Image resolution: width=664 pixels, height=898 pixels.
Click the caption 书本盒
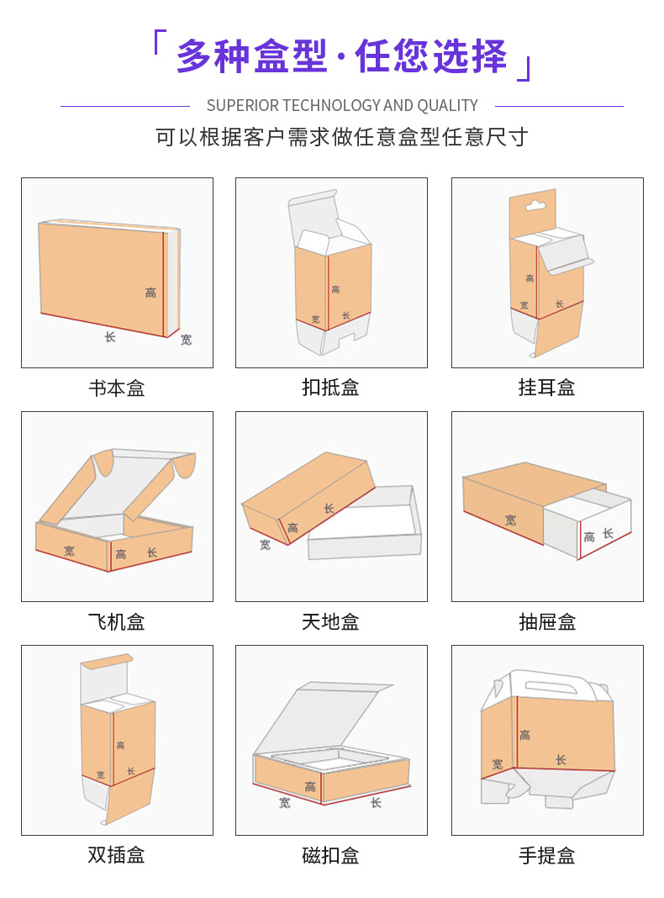pos(117,388)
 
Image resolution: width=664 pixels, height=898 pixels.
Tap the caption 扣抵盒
pos(331,388)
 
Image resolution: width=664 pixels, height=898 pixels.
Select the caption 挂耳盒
pos(547,388)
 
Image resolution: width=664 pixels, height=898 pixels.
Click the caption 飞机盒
pos(117,621)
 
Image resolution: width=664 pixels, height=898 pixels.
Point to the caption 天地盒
pos(331,621)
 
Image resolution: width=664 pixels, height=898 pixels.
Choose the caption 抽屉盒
pos(547,621)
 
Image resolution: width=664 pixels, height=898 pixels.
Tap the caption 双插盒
pos(117,855)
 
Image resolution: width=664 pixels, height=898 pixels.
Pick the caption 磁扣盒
pos(331,855)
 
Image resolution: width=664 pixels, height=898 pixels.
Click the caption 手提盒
pos(547,855)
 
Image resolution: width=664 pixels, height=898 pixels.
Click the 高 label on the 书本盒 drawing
pos(150,293)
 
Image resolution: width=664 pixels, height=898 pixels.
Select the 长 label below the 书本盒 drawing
pos(110,337)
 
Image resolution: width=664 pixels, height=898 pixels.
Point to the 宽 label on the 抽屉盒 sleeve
pos(511,520)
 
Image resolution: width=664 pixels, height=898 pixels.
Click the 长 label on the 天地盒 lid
pos(329,509)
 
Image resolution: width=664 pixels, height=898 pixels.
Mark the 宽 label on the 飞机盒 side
pos(69,551)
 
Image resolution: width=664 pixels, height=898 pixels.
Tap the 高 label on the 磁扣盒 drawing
pos(310,787)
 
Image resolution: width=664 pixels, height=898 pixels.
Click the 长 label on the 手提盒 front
pos(561,760)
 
